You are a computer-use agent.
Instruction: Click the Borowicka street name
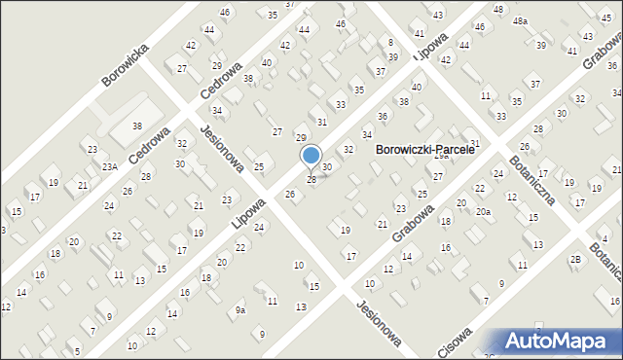128,63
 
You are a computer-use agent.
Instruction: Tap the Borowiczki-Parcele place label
423,151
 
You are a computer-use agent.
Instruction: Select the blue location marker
311,156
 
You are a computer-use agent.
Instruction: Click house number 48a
521,20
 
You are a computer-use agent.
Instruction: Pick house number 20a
483,212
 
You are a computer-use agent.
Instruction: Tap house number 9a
240,310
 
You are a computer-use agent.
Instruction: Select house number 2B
575,259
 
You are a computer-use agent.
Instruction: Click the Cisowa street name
455,343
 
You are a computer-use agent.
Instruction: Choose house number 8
390,43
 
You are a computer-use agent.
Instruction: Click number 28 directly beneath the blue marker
311,180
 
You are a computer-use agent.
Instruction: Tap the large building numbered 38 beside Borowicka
137,126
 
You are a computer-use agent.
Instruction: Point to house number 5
76,351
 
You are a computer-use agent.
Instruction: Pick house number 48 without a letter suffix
498,9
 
